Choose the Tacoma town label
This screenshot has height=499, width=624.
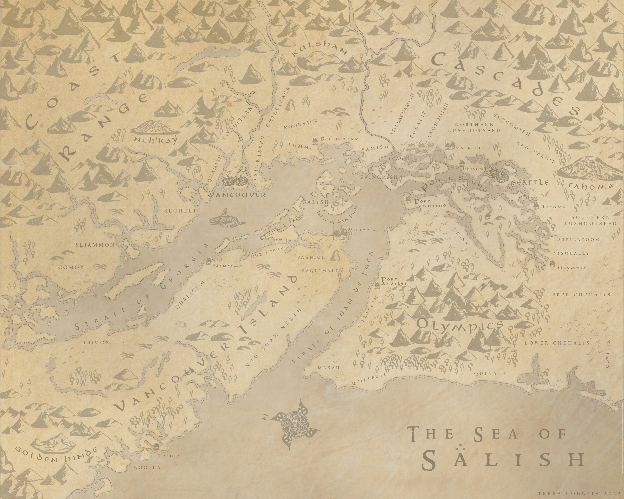[553, 207]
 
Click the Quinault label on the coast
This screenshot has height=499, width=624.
[492, 373]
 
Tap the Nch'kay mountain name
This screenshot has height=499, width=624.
[155, 140]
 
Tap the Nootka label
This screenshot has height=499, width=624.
[147, 467]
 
